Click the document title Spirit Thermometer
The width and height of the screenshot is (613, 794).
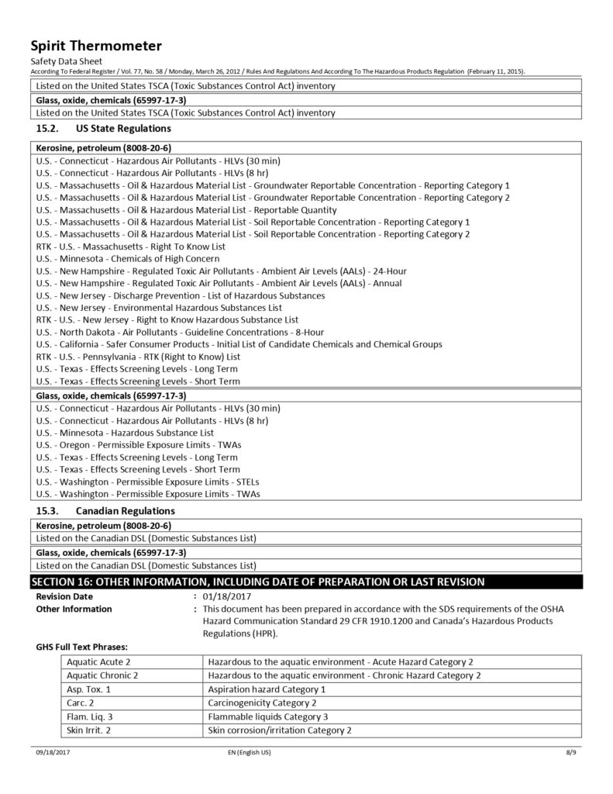coord(95,46)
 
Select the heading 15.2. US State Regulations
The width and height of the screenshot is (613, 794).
coord(104,128)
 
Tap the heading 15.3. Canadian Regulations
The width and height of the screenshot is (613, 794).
coord(105,511)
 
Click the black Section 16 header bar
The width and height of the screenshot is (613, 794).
coord(306,582)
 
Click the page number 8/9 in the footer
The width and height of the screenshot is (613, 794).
coord(573,753)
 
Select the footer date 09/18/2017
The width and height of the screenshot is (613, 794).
coord(48,753)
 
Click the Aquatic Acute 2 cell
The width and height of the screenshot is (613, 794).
coord(98,661)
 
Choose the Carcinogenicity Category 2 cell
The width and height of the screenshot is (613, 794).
coord(263,703)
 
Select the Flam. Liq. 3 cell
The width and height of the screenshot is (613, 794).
coord(90,716)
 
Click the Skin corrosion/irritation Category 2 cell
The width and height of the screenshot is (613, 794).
coord(280,730)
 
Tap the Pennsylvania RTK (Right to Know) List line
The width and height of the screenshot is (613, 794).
coord(138,357)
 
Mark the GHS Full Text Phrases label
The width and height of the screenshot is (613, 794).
coord(81,645)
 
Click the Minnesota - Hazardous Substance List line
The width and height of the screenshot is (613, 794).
coord(125,432)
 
